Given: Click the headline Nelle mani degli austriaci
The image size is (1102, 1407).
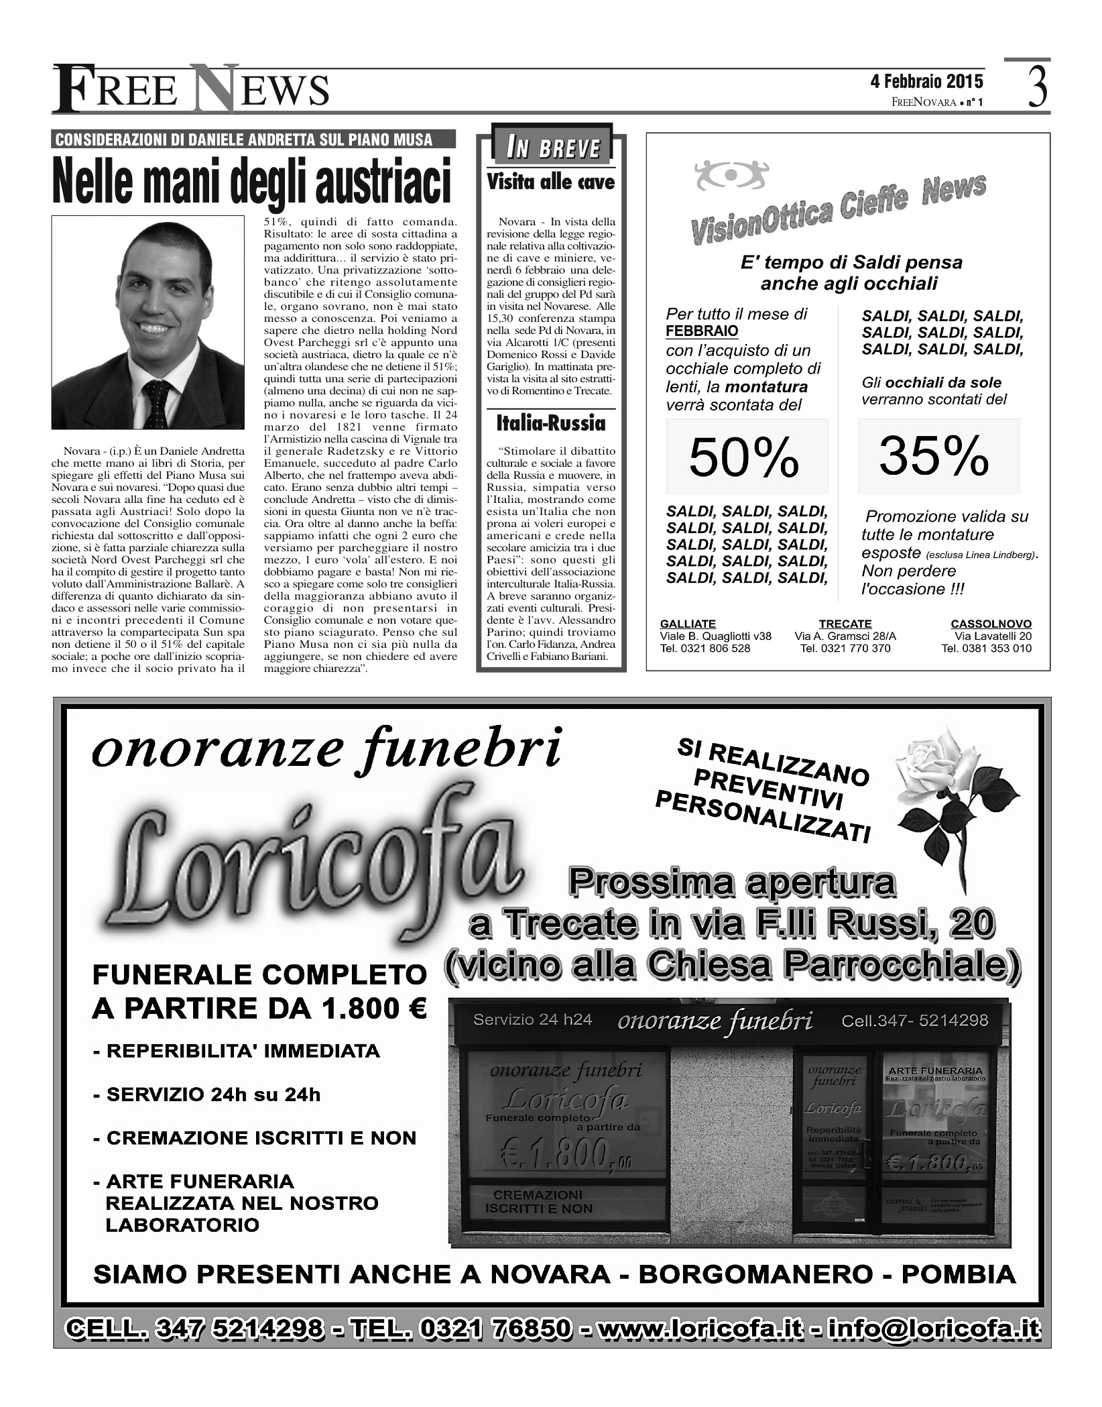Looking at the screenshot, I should point(252,180).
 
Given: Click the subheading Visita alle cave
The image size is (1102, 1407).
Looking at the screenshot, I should point(550,182).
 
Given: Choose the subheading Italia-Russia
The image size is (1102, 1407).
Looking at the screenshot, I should point(550,423).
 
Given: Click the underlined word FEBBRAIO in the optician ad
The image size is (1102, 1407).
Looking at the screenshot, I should point(702,331).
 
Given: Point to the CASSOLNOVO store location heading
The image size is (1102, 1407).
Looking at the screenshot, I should point(991,624).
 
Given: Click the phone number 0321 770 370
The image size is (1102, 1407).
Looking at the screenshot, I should point(845,649).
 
